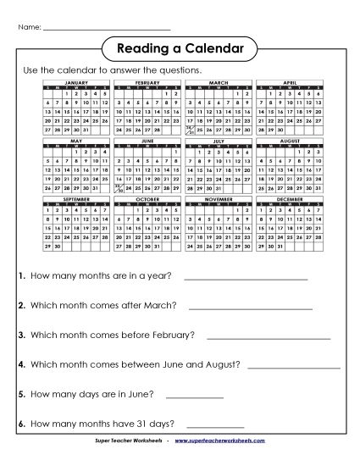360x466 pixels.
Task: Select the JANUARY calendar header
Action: pyautogui.click(x=76, y=83)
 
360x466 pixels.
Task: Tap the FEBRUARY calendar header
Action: pyautogui.click(x=147, y=83)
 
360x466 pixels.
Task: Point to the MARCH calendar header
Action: pyautogui.click(x=219, y=83)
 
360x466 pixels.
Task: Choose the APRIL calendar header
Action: pyautogui.click(x=290, y=83)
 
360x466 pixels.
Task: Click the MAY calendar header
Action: pyautogui.click(x=76, y=141)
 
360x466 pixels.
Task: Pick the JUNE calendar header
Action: pyautogui.click(x=147, y=141)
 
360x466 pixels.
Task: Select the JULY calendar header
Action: pyautogui.click(x=219, y=141)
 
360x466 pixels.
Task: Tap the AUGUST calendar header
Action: pyautogui.click(x=290, y=141)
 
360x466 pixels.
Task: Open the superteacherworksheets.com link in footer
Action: pyautogui.click(x=231, y=442)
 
